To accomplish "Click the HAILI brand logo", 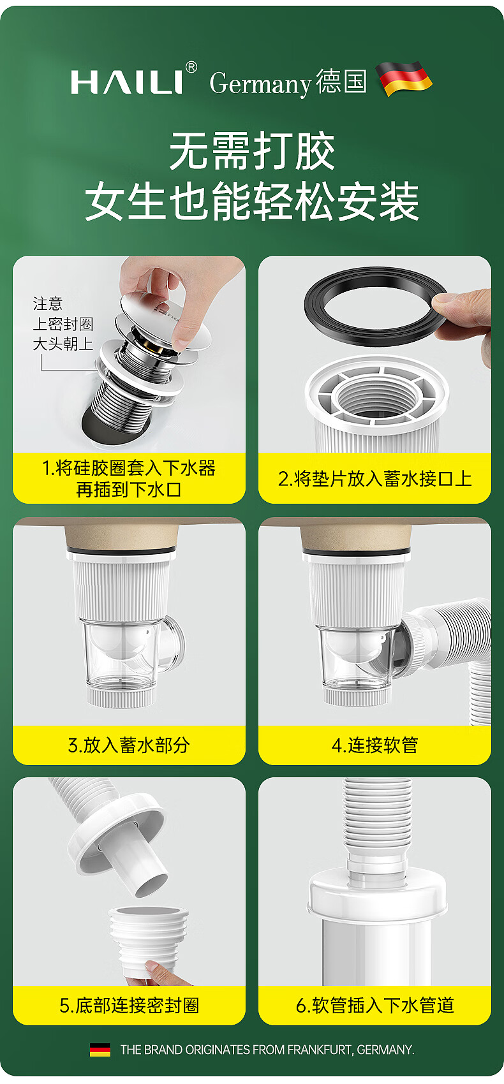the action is tap(127, 82).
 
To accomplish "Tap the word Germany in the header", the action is tap(260, 84).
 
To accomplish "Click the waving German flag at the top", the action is tap(404, 78).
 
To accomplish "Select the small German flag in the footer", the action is tap(100, 1050).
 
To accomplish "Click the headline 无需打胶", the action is tap(252, 151).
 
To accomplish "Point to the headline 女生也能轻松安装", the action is tap(252, 201).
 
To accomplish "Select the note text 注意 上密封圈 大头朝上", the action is tap(63, 324).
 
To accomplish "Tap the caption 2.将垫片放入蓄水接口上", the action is tap(374, 479).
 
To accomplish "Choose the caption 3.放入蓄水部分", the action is tap(129, 745).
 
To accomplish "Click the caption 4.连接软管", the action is tap(374, 745).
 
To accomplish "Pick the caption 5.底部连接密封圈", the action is tap(130, 1005).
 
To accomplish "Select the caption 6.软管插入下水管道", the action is tap(374, 1005).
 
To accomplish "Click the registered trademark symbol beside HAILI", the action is tap(191, 67).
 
